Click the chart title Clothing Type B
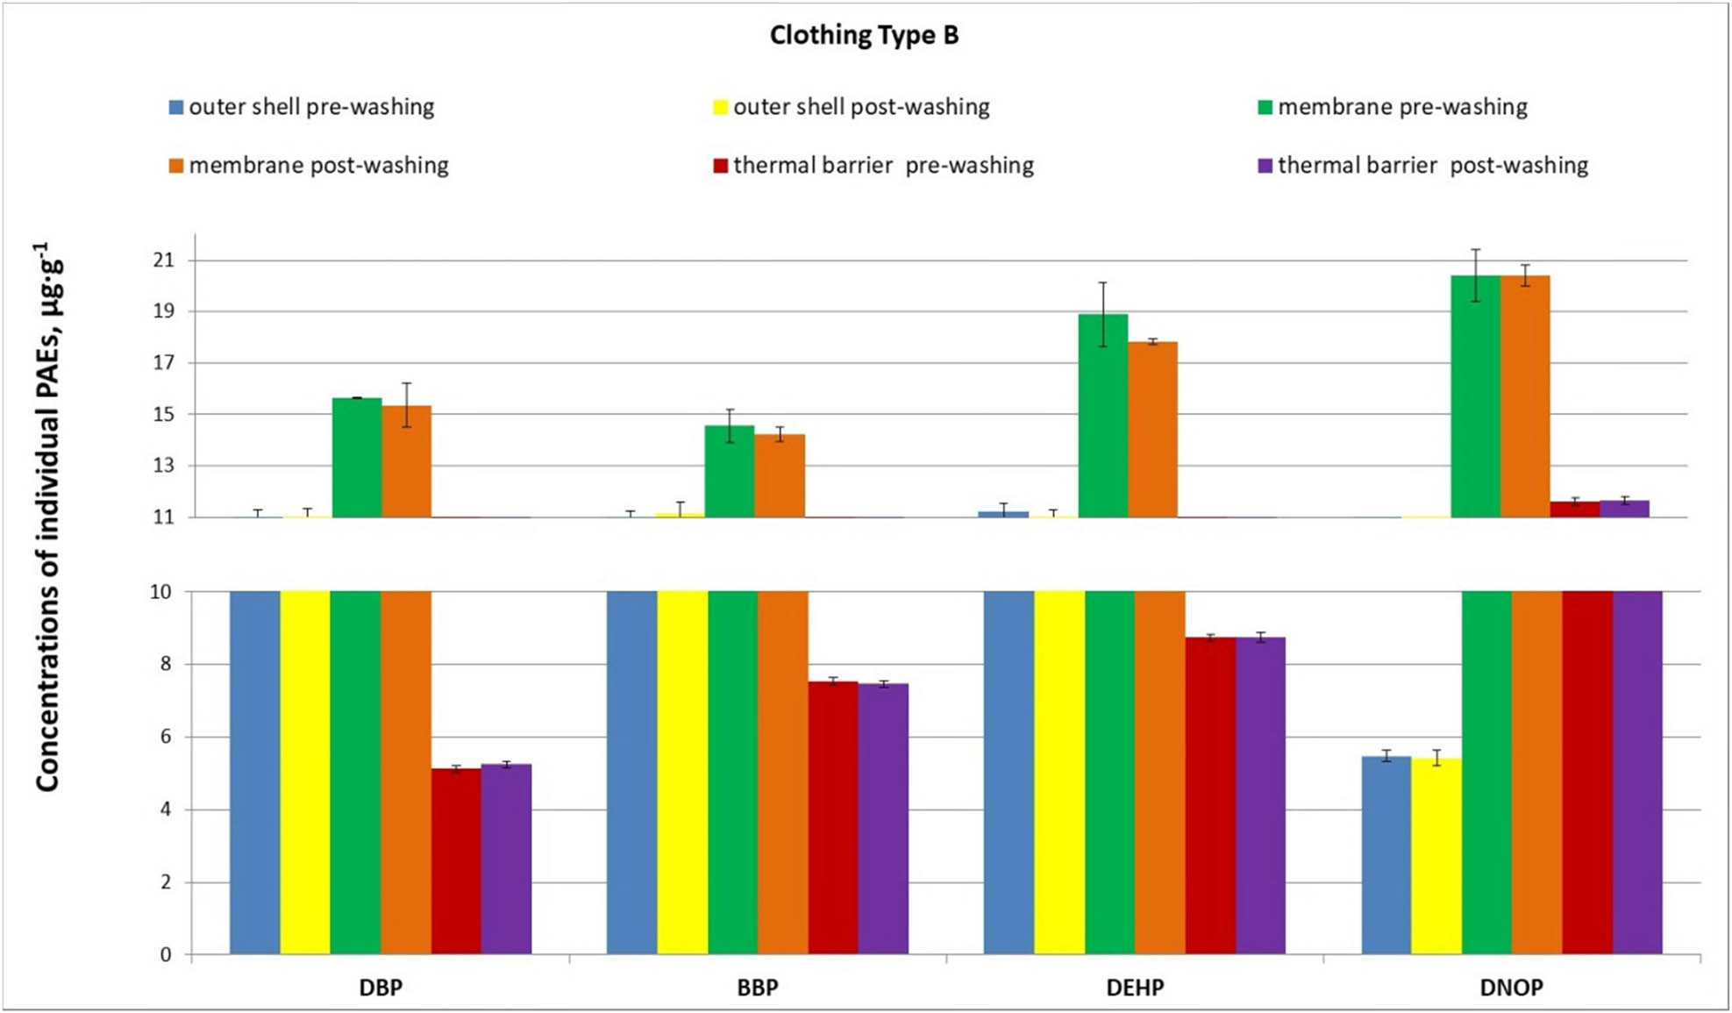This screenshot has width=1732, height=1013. [x=864, y=35]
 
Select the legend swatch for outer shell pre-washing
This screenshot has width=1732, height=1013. [x=176, y=108]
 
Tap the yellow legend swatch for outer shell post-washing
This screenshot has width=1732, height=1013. [x=720, y=108]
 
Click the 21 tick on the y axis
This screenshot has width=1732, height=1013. [x=163, y=260]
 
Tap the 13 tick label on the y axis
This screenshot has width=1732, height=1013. [x=163, y=466]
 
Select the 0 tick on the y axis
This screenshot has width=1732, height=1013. [x=166, y=955]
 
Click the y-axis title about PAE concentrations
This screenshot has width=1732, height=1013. [x=47, y=517]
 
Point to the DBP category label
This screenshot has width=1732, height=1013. [x=381, y=988]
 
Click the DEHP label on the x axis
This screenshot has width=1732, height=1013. [x=1135, y=988]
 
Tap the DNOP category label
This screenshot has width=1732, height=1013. [x=1511, y=988]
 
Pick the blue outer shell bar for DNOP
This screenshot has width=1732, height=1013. [x=1386, y=855]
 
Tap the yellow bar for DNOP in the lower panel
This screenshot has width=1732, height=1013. [x=1436, y=856]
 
